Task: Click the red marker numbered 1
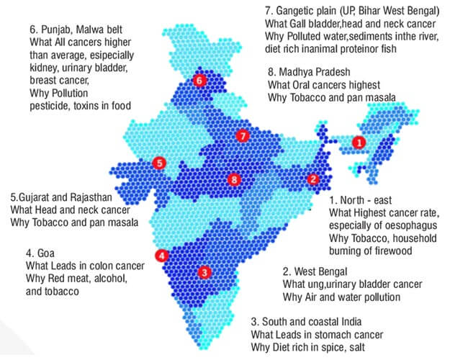[358, 143]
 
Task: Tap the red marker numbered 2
[312, 179]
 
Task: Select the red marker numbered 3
[204, 272]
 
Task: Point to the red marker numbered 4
[163, 255]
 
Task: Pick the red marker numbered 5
[160, 163]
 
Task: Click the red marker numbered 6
[199, 81]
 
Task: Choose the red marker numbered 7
[243, 135]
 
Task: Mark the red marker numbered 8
[233, 179]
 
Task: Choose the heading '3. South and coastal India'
[315, 321]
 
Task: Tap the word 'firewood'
[410, 251]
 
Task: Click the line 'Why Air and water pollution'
[342, 297]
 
